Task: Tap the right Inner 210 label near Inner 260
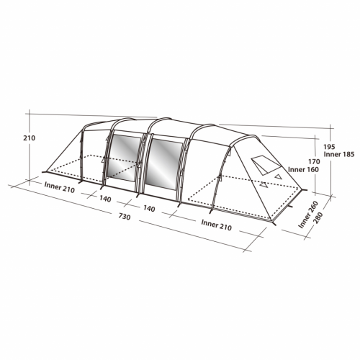(218, 224)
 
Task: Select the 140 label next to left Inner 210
(106, 199)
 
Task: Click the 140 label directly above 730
(150, 208)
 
